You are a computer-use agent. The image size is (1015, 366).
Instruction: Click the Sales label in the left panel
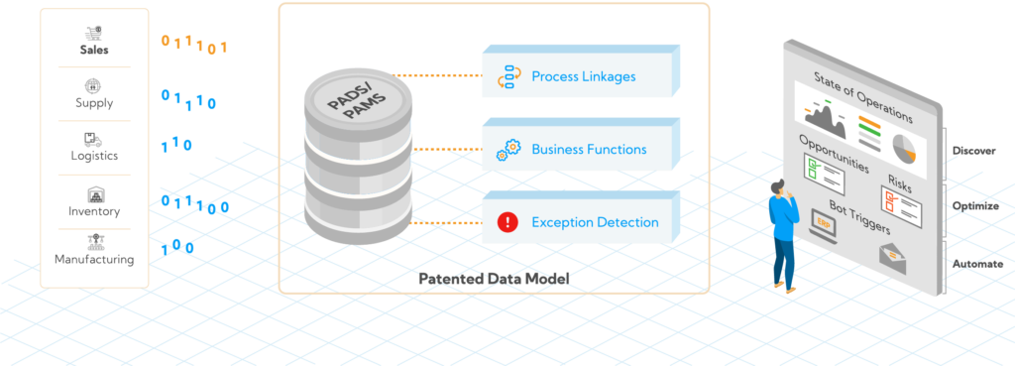[x=94, y=50]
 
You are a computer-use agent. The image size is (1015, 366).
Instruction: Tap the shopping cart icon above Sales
[x=94, y=31]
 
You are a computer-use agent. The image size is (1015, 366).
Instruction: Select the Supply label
[x=94, y=103]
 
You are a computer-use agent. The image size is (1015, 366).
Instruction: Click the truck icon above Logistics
[x=94, y=139]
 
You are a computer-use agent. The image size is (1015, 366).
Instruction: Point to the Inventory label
[x=94, y=211]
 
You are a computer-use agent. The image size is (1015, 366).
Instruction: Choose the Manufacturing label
[x=94, y=260]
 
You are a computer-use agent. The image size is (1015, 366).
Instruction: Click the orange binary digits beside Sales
[x=195, y=44]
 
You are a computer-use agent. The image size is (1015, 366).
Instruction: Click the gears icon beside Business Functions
[x=507, y=150]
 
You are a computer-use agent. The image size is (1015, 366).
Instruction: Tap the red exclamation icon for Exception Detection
[x=507, y=222]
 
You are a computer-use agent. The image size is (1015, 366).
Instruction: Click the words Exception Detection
[x=595, y=222]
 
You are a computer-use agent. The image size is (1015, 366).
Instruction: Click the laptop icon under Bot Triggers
[x=822, y=227]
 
